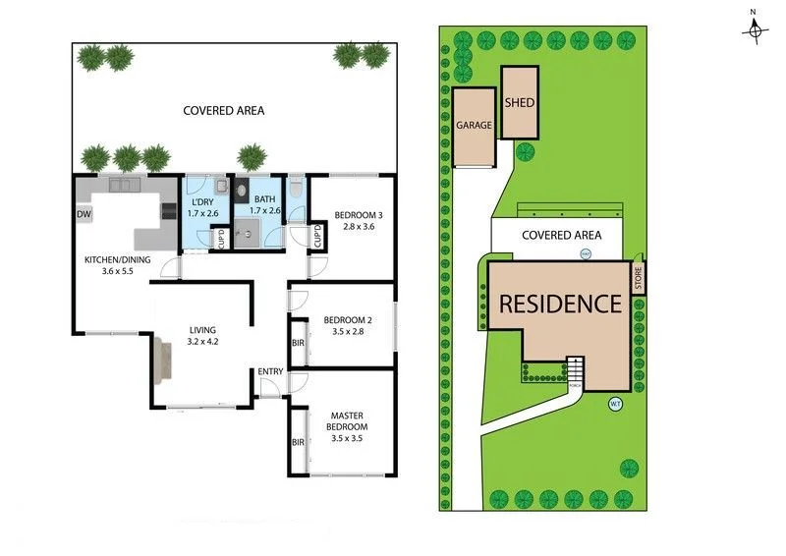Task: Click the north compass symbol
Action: coord(755,29)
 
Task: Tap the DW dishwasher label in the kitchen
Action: coord(84,212)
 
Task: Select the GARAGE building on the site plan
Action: coord(474,126)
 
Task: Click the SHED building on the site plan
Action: coord(519,102)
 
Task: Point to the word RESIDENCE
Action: coord(561,304)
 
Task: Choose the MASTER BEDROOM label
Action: coord(348,421)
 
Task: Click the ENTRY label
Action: coord(270,371)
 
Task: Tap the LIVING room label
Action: coord(203,330)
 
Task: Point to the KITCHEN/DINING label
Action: coord(117,259)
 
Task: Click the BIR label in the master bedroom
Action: coord(298,443)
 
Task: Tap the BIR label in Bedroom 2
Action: coord(298,343)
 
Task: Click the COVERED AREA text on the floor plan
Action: coord(224,111)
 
